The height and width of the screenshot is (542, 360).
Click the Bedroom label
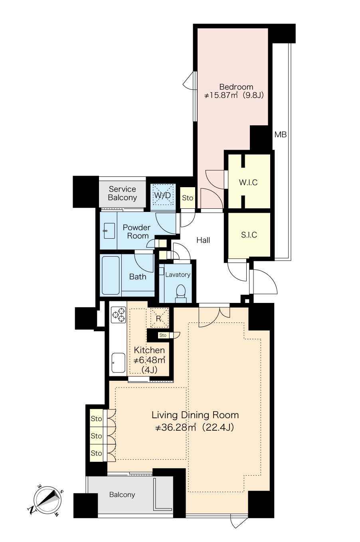[x=236, y=87]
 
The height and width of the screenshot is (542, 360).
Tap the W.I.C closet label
[x=248, y=182]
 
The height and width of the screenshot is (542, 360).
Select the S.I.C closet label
[x=249, y=235]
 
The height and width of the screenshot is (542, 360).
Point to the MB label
[x=281, y=135]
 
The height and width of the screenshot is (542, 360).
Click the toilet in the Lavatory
[x=180, y=293]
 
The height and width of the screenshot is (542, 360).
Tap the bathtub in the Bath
[x=111, y=275]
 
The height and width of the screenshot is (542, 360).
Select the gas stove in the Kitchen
[x=118, y=315]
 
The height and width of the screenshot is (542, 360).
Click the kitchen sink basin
[x=118, y=363]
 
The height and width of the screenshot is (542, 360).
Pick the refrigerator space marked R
[x=159, y=318]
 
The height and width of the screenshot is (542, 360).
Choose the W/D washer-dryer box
[x=163, y=195]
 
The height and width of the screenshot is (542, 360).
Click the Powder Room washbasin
[x=109, y=231]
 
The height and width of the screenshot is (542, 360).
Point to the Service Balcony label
[x=122, y=193]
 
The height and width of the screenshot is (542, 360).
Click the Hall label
[x=203, y=240]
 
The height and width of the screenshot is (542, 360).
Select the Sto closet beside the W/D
[x=188, y=198]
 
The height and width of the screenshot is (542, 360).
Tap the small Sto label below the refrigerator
[x=163, y=335]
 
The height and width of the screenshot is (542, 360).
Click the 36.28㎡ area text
[x=175, y=427]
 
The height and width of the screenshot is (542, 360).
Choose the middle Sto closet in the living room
[x=96, y=436]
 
